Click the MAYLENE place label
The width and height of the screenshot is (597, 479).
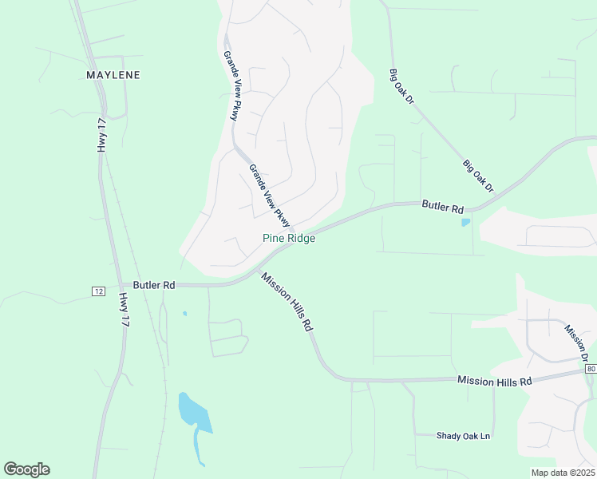(113, 75)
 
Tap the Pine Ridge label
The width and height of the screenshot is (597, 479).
(289, 239)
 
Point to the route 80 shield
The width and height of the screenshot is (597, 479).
(590, 369)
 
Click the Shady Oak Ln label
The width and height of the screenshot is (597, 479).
(463, 436)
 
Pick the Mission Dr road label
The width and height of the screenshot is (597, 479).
(577, 342)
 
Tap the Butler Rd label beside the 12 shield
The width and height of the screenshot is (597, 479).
(154, 284)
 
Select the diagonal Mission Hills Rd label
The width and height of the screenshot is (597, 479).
(286, 301)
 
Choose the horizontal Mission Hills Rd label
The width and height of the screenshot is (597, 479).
(494, 382)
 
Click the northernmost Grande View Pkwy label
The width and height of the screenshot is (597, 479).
(231, 86)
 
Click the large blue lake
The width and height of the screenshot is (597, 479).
(195, 412)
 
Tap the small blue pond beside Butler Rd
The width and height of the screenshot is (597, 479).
(465, 222)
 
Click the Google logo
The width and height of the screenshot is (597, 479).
(26, 469)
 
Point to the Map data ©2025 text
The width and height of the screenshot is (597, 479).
(562, 473)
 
